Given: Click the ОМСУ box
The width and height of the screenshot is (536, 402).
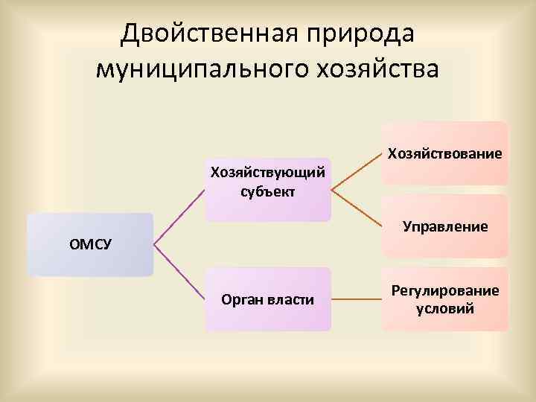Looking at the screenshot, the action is [x=89, y=245].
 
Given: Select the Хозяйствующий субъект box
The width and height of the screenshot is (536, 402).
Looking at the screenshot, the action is [x=268, y=189].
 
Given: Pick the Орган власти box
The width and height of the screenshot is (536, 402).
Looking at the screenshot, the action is [x=268, y=299].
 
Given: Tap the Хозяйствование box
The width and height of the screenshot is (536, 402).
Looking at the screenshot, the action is [x=444, y=153].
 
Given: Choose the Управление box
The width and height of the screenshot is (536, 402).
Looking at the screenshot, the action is [x=444, y=226].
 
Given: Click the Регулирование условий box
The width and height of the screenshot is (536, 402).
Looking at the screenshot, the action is [x=444, y=299].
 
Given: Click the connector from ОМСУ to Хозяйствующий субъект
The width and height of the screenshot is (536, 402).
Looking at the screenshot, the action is [x=179, y=217].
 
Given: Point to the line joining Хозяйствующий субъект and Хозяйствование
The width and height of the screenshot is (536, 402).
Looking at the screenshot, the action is [x=356, y=172].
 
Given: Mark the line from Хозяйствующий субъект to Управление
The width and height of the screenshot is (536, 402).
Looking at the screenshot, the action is [x=356, y=208].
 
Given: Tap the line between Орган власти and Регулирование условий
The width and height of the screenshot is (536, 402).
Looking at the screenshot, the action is [x=356, y=300].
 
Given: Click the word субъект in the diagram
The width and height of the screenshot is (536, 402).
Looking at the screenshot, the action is [x=268, y=191].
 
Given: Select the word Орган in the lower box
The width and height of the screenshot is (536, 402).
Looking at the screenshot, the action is [x=243, y=300].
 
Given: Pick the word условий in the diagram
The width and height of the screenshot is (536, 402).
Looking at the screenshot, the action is [x=445, y=309].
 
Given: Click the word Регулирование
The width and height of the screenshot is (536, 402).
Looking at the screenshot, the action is [x=445, y=291].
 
